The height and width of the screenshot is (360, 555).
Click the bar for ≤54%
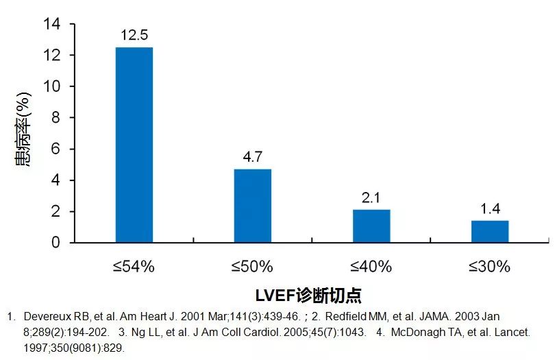click(134, 145)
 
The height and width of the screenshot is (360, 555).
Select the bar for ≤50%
click(253, 206)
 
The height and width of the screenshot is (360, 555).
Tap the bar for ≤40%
click(371, 226)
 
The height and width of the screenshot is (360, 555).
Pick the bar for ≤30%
click(490, 231)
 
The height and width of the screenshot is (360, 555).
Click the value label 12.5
click(134, 35)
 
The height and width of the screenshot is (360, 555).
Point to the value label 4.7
click(253, 157)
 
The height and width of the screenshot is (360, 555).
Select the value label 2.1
click(371, 198)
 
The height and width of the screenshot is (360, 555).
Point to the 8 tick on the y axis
click(56, 118)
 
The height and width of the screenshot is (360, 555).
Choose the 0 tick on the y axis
click(56, 243)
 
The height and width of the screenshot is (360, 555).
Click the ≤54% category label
click(134, 267)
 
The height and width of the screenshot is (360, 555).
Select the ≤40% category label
click(371, 267)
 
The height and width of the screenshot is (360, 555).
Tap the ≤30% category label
click(490, 267)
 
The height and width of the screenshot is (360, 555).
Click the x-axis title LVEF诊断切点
click(308, 296)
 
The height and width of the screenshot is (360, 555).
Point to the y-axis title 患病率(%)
click(23, 134)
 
